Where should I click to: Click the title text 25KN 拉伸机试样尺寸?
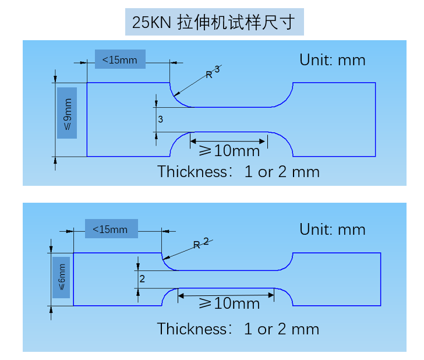(x=214, y=23)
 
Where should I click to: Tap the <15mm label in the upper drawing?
(x=119, y=59)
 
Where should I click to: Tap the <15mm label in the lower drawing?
(x=111, y=229)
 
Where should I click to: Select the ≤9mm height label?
(x=67, y=113)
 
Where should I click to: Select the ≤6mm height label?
(x=61, y=277)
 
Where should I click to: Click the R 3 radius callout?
(x=212, y=72)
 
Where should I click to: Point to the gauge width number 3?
(x=160, y=119)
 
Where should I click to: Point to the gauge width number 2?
(x=142, y=279)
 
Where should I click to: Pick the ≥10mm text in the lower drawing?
(x=229, y=303)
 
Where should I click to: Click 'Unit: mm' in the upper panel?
(x=332, y=59)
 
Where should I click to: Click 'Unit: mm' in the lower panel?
(x=332, y=230)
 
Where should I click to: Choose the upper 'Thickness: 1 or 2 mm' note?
(x=238, y=171)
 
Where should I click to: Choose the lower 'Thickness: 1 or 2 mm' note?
(x=238, y=329)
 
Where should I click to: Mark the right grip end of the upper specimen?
(x=334, y=119)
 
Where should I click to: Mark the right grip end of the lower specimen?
(x=336, y=279)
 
